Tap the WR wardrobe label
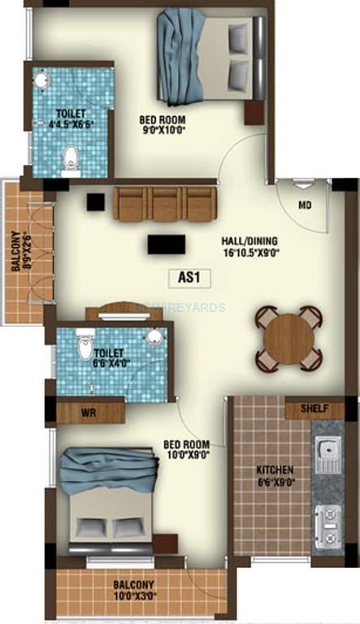pos(89,412)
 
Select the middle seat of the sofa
pos(165,203)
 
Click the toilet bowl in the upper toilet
pos(72,160)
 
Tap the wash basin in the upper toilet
pos(42,82)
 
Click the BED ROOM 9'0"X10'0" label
pos(164,124)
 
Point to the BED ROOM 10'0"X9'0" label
pos(186,450)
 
